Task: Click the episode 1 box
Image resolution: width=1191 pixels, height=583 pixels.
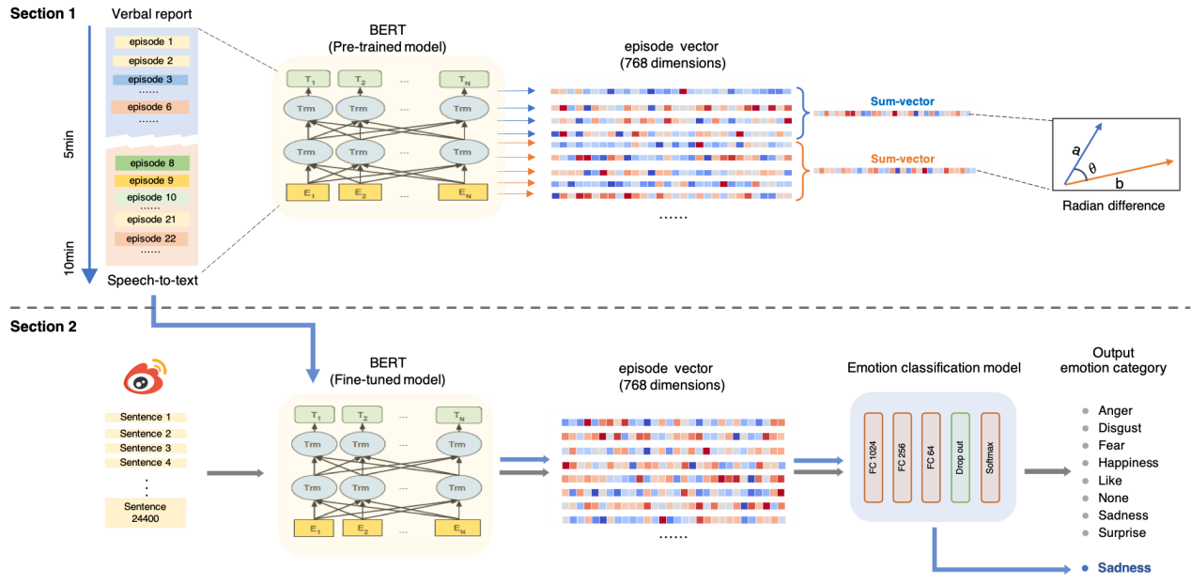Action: pos(151,42)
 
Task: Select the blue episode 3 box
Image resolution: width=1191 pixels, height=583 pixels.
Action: pos(151,80)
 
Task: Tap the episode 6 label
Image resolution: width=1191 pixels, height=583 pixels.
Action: pos(151,107)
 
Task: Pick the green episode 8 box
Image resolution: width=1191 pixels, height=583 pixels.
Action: pos(151,163)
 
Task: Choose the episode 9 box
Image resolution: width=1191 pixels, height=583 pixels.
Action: pos(151,180)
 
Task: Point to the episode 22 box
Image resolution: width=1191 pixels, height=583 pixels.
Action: pos(151,238)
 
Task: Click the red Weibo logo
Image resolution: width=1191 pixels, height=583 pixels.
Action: pos(146,377)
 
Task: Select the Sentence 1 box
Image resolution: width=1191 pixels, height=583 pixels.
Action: pos(146,418)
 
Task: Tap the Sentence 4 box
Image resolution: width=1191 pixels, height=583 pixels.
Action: pos(146,463)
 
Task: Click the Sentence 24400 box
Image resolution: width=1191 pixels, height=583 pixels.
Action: pos(146,513)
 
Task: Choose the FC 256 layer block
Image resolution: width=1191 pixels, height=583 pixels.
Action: pos(903,455)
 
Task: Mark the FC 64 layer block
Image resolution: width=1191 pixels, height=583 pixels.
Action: pos(931,455)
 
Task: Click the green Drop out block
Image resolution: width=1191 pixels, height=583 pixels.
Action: pos(960,455)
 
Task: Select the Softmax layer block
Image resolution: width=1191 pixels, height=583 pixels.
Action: pos(989,455)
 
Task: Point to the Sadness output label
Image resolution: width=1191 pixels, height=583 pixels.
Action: pos(1123,568)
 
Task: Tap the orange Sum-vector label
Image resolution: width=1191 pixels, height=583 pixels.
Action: pos(902,160)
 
